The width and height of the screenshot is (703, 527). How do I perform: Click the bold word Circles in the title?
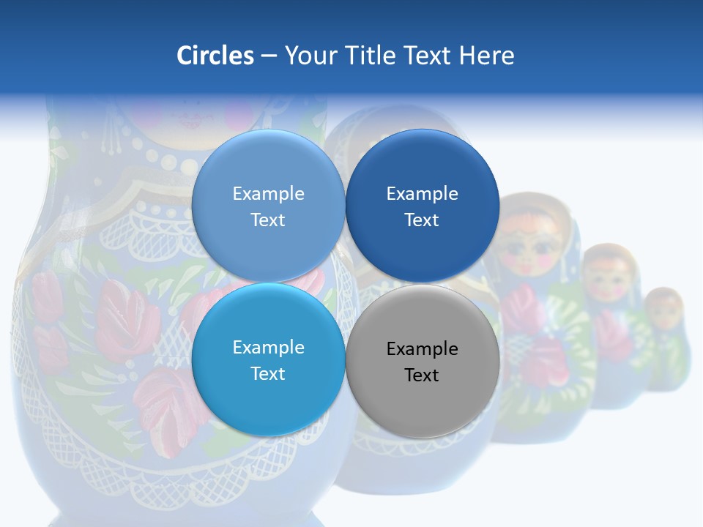(215, 56)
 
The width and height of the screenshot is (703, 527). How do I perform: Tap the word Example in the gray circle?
(423, 349)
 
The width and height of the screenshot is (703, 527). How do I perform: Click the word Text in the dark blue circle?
(423, 220)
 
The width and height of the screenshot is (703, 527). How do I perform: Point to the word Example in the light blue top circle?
(268, 194)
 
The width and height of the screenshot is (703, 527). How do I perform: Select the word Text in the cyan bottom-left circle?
(268, 374)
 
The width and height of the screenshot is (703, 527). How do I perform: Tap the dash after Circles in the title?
(269, 56)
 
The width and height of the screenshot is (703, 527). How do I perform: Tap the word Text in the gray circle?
(423, 375)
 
